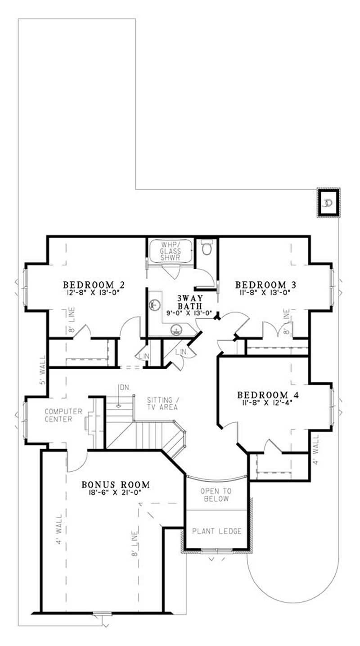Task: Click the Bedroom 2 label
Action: [94, 285]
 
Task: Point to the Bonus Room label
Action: [116, 485]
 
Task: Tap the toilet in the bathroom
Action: [207, 248]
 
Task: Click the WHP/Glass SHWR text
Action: [171, 251]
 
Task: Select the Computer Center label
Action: [63, 415]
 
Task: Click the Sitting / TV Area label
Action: [162, 403]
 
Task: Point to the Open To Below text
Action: [216, 495]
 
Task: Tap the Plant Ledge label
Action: [217, 531]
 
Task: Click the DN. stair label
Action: [124, 387]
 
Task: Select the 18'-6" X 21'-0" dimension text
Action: [116, 493]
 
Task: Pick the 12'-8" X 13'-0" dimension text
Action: [94, 292]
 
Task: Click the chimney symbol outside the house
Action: [328, 203]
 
